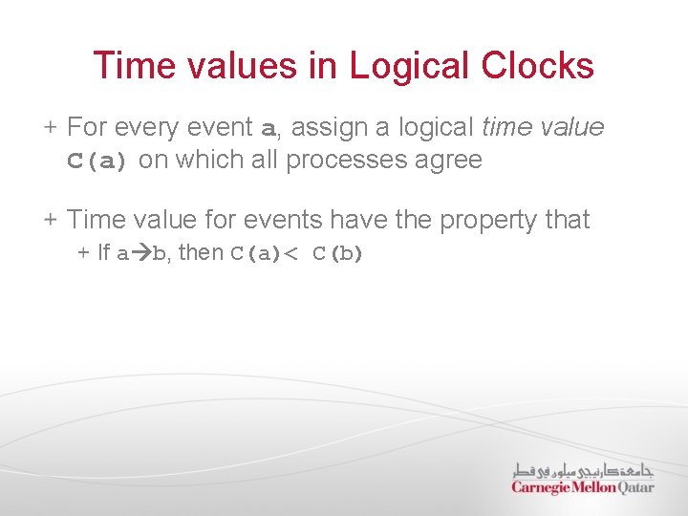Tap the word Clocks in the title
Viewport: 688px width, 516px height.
point(538,66)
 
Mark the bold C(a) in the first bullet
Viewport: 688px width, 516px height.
point(97,161)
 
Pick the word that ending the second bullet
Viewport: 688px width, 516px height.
point(567,220)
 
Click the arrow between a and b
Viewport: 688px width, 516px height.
point(140,254)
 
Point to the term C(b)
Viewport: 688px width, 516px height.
point(338,254)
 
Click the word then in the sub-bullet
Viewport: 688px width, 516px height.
point(201,253)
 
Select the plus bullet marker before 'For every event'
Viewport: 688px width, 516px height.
point(51,127)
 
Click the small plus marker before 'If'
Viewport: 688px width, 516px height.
point(83,254)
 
